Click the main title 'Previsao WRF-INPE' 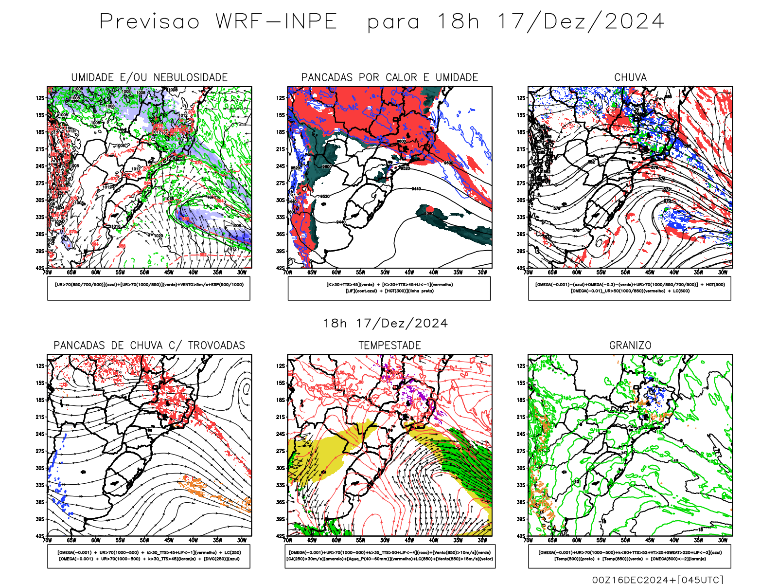click(218, 22)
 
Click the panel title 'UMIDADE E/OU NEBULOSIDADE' click(149, 77)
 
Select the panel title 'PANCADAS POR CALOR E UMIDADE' click(389, 77)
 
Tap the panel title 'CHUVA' click(630, 77)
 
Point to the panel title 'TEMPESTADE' click(389, 346)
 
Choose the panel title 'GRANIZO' click(630, 346)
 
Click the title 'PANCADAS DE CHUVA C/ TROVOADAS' click(149, 346)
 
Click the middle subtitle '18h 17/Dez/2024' click(386, 324)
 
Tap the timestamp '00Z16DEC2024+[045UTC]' click(657, 580)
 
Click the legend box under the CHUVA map click(630, 288)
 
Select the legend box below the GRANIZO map click(630, 556)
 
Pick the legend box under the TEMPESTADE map click(389, 556)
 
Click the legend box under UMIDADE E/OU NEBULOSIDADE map click(149, 288)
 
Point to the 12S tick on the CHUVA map click(521, 98)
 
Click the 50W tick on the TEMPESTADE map click(385, 540)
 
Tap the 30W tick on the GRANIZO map click(723, 540)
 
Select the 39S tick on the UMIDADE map click(40, 251)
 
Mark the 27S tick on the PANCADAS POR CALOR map click(281, 183)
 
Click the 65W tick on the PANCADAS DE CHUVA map click(71, 540)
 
